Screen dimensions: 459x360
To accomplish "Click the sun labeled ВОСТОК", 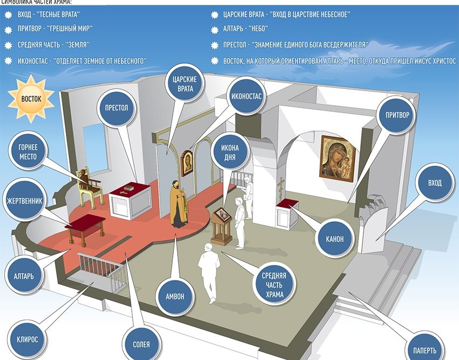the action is [x=31, y=99].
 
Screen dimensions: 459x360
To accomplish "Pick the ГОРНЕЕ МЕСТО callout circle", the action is [x=27, y=151].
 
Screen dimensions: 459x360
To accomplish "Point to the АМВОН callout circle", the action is [x=174, y=296].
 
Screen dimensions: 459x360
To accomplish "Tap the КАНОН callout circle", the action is [x=332, y=238].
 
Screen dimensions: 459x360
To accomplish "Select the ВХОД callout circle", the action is [x=434, y=183].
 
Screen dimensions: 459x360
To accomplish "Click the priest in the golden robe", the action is [x=178, y=203].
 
